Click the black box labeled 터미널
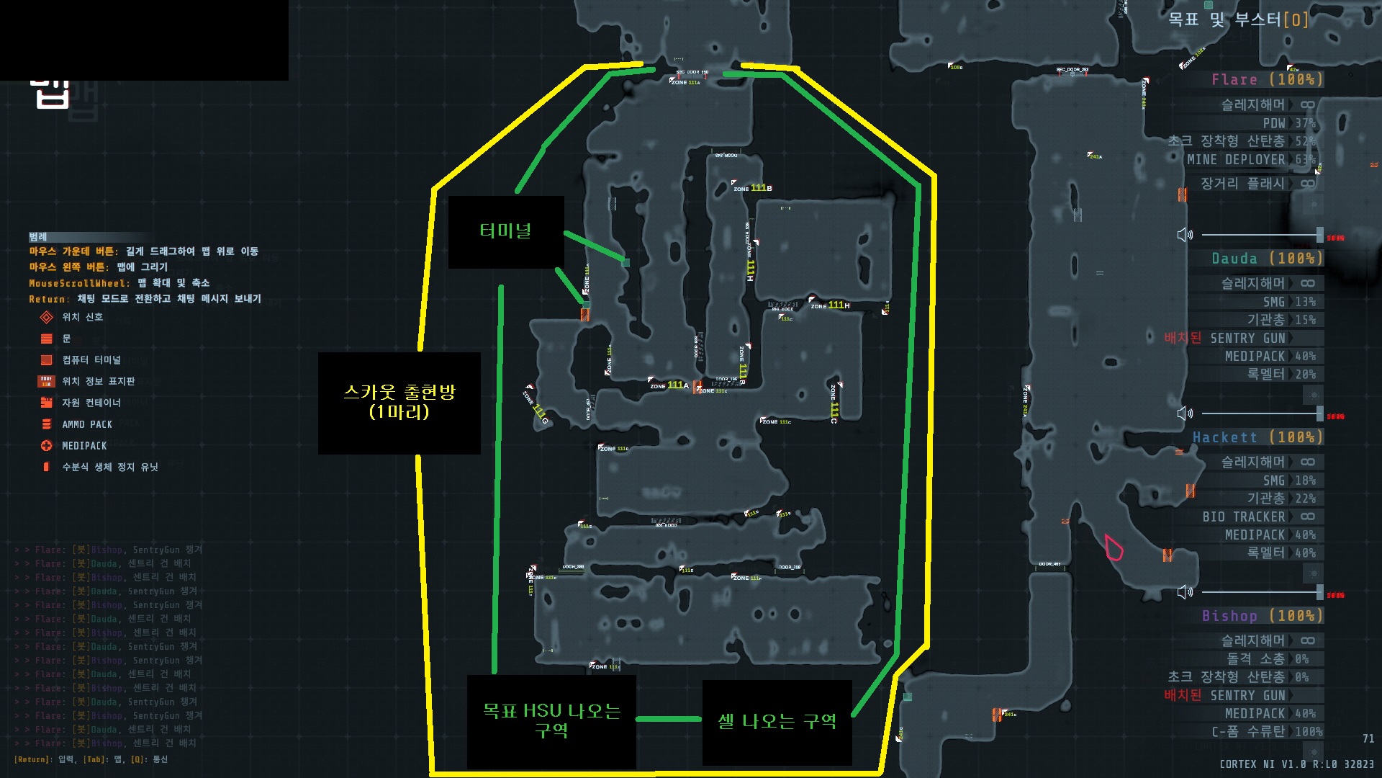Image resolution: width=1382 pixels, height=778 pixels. click(x=505, y=231)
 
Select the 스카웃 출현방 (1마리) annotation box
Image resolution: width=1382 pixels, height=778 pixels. click(x=399, y=402)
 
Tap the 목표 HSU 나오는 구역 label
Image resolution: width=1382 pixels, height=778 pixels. click(x=551, y=720)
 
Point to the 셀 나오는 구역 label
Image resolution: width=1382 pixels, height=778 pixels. click(x=777, y=722)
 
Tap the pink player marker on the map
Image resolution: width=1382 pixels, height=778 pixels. click(x=1114, y=547)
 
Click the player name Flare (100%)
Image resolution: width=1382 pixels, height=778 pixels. click(x=1267, y=79)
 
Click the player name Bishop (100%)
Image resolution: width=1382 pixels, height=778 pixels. click(x=1262, y=616)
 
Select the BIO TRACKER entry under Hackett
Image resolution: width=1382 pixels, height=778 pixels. click(x=1243, y=517)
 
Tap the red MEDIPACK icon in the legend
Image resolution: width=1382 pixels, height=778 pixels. click(x=47, y=446)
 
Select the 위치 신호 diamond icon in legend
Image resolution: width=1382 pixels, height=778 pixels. click(x=47, y=317)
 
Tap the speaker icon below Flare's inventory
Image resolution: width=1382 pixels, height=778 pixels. click(x=1185, y=235)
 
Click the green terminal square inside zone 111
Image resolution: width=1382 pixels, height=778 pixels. click(x=625, y=262)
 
